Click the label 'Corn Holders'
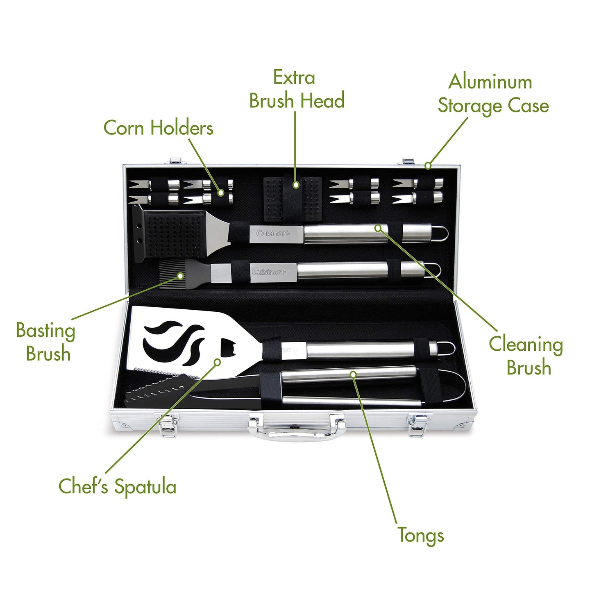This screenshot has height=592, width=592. pos(158,128)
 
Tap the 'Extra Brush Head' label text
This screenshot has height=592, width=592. pos(297,90)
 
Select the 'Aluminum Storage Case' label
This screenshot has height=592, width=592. pos(493,94)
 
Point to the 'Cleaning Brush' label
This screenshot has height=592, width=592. pos(526,356)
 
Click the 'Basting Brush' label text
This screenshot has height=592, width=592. pos(46,342)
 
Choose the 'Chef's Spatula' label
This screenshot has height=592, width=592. pos(118,486)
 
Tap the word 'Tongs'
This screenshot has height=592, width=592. pos(421,535)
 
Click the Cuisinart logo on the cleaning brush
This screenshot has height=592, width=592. pos(273,234)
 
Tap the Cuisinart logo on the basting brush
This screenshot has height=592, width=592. pos(269,272)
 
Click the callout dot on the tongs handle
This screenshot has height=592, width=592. pos(353,374)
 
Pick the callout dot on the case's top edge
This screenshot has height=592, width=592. pos(428,166)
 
